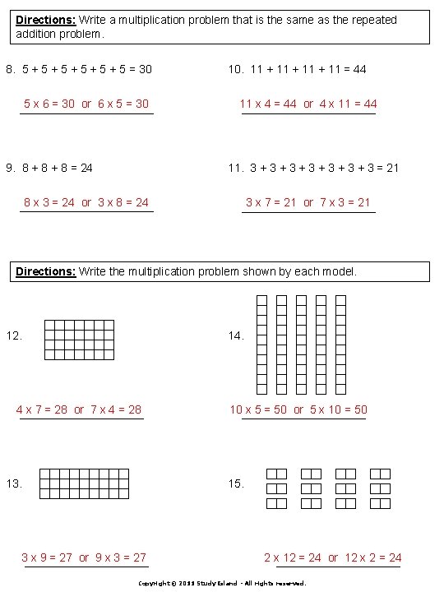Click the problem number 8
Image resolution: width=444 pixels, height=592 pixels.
[10, 70]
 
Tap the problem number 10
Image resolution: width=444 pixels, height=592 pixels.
[235, 70]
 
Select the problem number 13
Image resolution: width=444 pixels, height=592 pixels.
[14, 483]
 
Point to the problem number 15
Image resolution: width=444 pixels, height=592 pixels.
[236, 483]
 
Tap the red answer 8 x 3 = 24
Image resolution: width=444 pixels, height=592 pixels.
[49, 202]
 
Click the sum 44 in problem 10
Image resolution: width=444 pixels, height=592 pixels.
[359, 70]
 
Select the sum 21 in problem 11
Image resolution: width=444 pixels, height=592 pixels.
[392, 168]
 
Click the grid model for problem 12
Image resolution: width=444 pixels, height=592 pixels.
[79, 340]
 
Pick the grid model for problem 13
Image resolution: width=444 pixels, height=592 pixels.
[84, 483]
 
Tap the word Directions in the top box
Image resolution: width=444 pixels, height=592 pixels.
[45, 20]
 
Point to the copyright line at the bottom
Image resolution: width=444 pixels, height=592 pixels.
[222, 583]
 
